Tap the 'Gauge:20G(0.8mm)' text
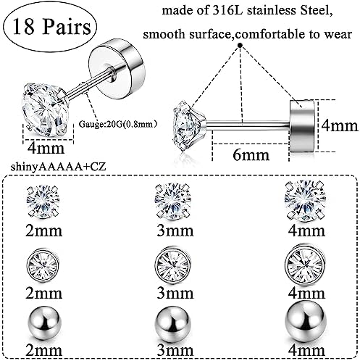coord(118,124)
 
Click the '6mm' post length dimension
coord(251,155)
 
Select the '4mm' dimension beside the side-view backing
coord(340,126)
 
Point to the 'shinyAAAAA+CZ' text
coord(59,167)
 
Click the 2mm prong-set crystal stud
coord(43,202)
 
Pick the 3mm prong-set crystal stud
coord(172,202)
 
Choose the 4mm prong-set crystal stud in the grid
coord(304,202)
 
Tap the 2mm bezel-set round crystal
coord(43,264)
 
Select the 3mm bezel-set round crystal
coord(172,263)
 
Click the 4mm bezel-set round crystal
coord(304,264)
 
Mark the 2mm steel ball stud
coord(43,323)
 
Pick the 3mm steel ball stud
coord(173,323)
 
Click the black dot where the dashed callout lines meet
coord(240,45)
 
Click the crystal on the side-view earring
coord(189,126)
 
